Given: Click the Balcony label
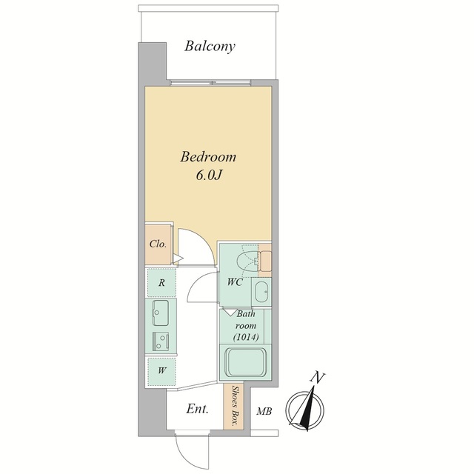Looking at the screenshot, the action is pos(210,47).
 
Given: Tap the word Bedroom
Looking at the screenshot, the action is pos(208,157).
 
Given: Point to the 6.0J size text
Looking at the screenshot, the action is pos(209,175).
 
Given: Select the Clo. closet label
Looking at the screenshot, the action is pos(158,244).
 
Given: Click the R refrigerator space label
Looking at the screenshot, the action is pos(161,283).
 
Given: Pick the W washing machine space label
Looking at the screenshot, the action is pos(162,370).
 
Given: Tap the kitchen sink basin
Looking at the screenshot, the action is pos(160,313).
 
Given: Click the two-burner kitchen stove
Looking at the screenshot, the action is pos(161,341).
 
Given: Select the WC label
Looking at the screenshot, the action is pos(235,282).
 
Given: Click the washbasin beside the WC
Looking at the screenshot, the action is pos(261,292).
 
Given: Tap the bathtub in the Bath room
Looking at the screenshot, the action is pos(247,362).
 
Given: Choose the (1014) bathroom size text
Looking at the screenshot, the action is pos(246,337).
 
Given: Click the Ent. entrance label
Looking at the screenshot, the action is pos(197,409).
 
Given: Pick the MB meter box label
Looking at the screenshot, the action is pos(264,412).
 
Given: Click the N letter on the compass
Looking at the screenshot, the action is pos(318,378).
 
